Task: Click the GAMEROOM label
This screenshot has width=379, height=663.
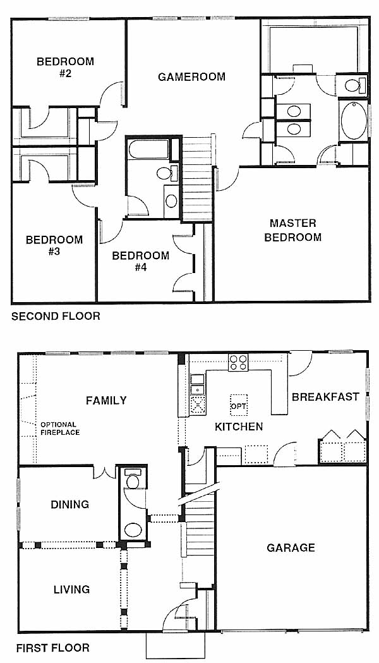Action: click(x=191, y=76)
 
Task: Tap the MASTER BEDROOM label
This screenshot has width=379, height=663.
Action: click(x=293, y=230)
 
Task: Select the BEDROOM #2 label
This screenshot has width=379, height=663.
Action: click(x=65, y=67)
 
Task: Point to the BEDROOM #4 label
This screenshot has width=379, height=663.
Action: click(x=141, y=261)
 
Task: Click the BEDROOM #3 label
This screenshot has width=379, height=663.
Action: click(x=54, y=246)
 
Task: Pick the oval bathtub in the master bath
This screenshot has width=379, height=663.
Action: click(x=354, y=121)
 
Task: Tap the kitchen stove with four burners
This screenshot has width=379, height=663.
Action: click(x=238, y=362)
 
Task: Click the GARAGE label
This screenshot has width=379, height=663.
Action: click(x=291, y=548)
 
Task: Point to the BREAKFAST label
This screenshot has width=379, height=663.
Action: click(x=325, y=397)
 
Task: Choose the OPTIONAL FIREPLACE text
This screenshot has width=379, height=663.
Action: click(x=60, y=429)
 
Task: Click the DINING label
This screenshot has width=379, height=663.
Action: click(x=69, y=504)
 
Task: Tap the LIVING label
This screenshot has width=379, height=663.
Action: click(x=71, y=589)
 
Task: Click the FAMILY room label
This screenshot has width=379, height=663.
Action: click(x=106, y=400)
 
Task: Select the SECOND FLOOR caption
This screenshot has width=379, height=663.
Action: click(x=56, y=316)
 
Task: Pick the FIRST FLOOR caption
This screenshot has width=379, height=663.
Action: click(x=53, y=648)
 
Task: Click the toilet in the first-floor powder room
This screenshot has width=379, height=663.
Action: click(x=133, y=479)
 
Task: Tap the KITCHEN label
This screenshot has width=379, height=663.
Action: click(x=239, y=426)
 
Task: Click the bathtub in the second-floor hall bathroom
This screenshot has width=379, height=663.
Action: click(x=148, y=149)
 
